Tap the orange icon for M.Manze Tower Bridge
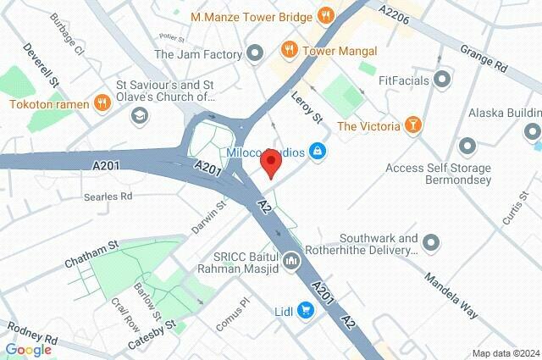click(x=324, y=15)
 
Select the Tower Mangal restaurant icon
click(x=289, y=50)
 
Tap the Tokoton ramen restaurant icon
click(x=102, y=104)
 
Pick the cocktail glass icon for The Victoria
click(x=412, y=126)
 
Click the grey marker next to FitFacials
click(x=441, y=80)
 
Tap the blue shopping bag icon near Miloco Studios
click(x=318, y=152)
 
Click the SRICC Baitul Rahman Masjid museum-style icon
click(x=292, y=261)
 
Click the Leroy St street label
click(x=308, y=108)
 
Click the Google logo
click(x=28, y=349)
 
